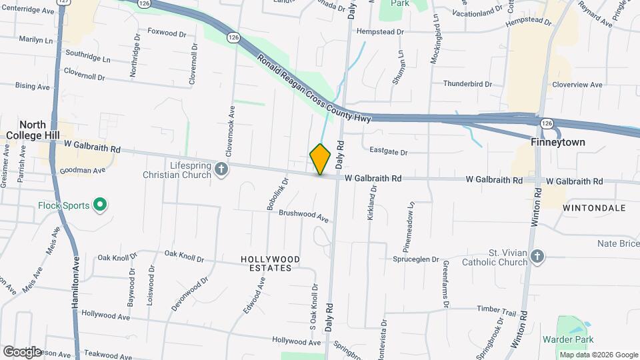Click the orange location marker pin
click(321, 159)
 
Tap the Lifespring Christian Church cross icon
click(222, 170)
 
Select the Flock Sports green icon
click(99, 205)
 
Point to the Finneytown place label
click(557, 143)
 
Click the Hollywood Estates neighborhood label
click(270, 263)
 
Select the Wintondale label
click(594, 208)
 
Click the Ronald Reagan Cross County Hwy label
click(313, 89)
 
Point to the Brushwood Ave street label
click(303, 216)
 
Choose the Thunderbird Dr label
click(467, 85)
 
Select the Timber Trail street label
click(497, 311)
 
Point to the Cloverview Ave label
click(577, 85)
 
